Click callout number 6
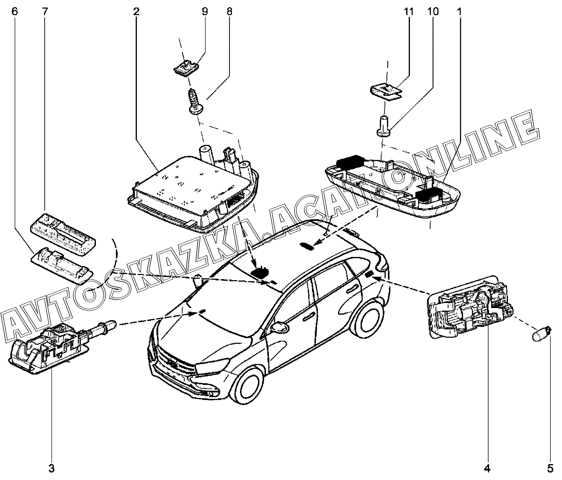coord(15,12)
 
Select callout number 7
coord(45,12)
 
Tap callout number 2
coord(136,12)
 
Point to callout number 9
coord(205,12)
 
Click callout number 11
coord(409,12)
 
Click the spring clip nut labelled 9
coord(186,69)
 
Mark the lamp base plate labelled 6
coord(61,265)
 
